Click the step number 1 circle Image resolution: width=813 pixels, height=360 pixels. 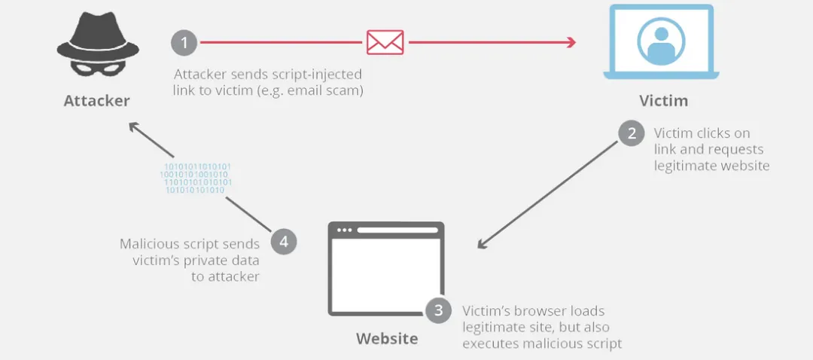coord(184,42)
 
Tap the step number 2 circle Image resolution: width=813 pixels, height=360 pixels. coord(631,134)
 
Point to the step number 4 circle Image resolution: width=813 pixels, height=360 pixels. coord(283,242)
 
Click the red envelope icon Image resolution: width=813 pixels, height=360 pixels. coord(385,42)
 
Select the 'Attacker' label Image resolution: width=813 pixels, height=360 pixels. coord(96,101)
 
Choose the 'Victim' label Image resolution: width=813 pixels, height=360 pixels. coord(663,101)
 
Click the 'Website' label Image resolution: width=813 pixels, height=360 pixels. coord(386,338)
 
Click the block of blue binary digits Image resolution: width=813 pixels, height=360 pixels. coord(196,178)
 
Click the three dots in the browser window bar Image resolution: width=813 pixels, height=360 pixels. coord(346,230)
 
